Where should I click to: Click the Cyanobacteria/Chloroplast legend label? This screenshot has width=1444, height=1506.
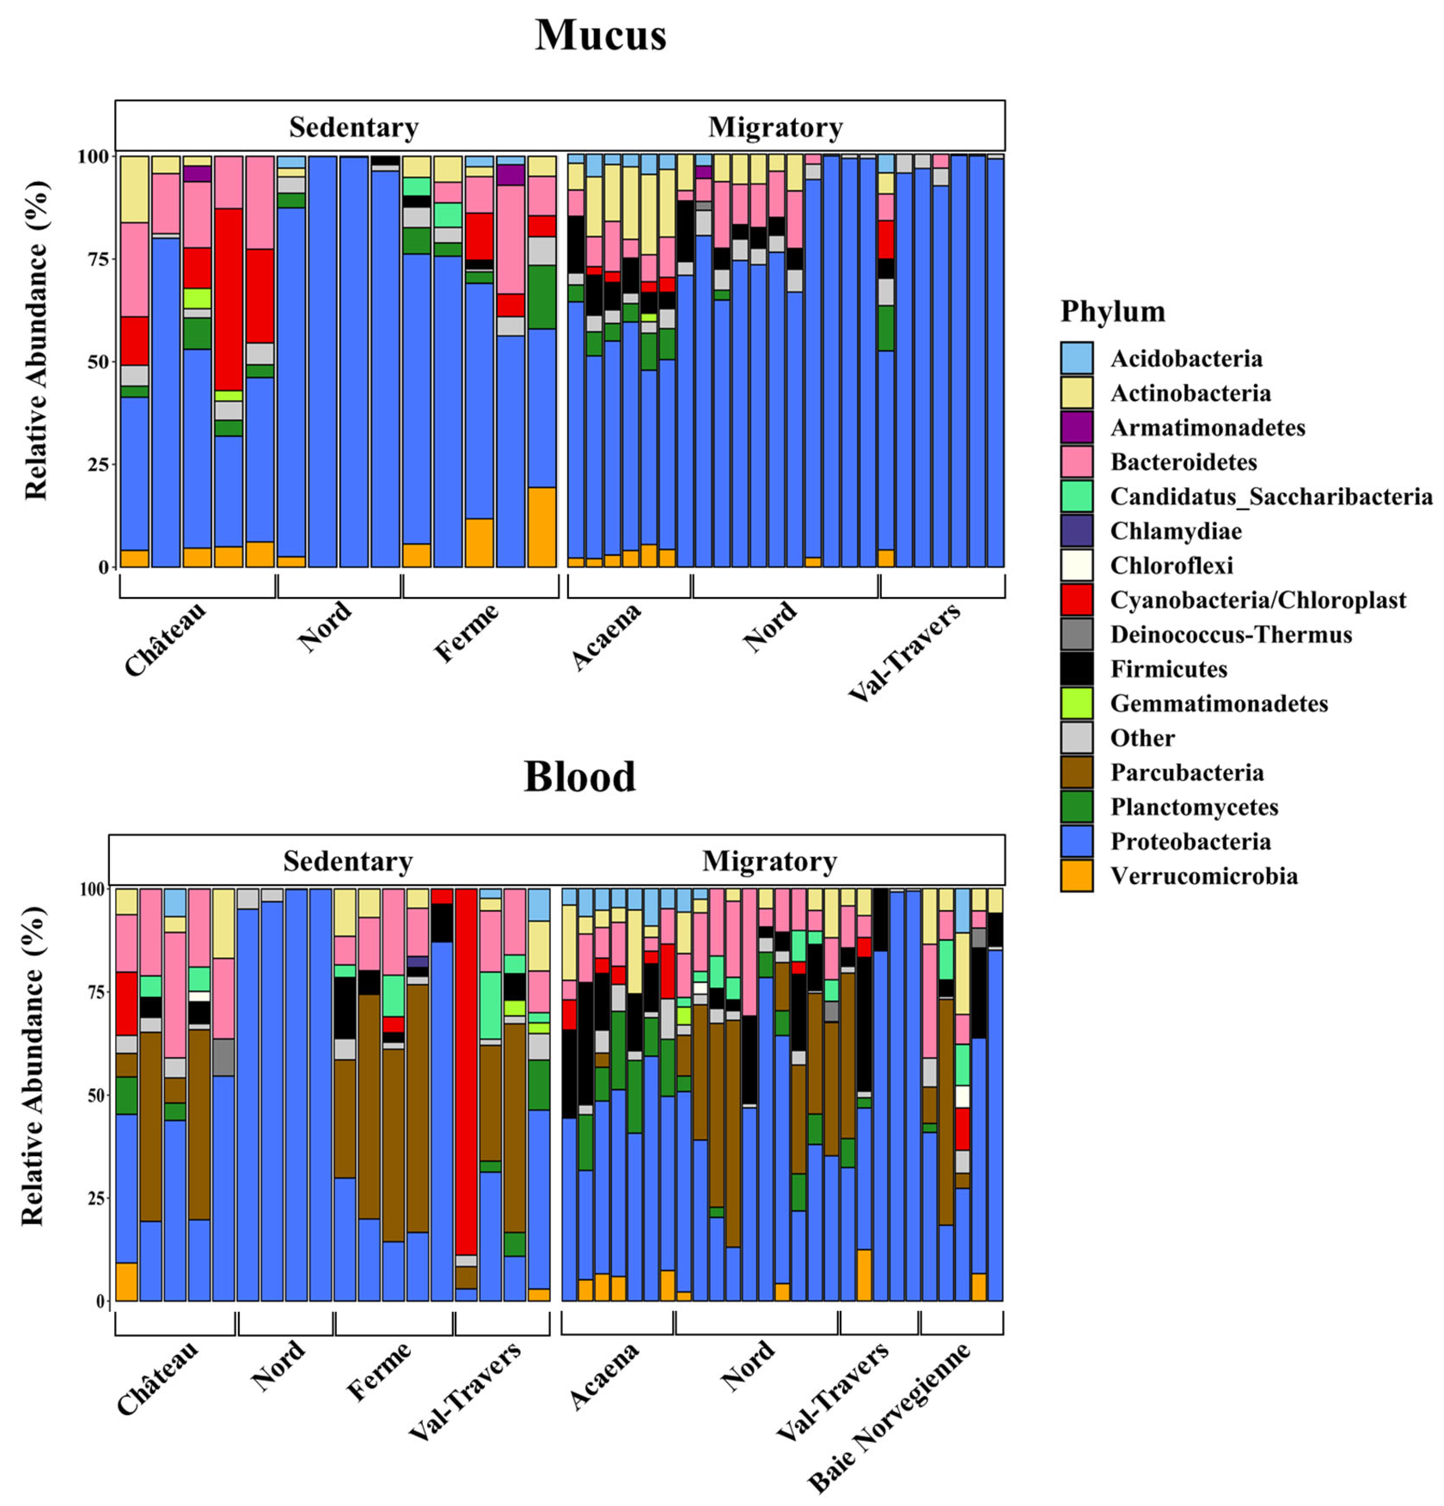click(1257, 600)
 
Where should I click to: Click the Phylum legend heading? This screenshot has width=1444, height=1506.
click(1112, 311)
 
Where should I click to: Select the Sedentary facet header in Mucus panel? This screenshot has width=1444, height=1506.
click(354, 127)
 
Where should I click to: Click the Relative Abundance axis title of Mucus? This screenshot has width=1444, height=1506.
click(35, 340)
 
